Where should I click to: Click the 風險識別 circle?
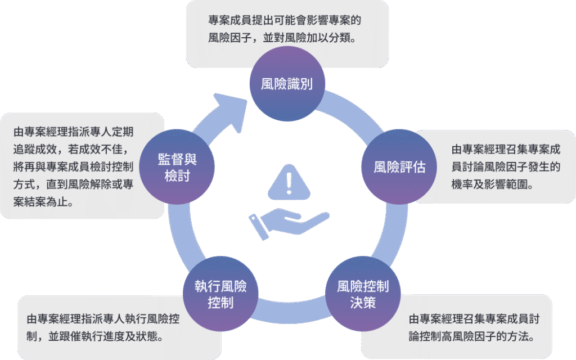tap(287, 84)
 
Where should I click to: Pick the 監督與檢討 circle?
tap(177, 167)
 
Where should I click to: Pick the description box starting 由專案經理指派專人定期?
tap(73, 166)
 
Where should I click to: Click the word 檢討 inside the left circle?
tap(177, 175)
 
